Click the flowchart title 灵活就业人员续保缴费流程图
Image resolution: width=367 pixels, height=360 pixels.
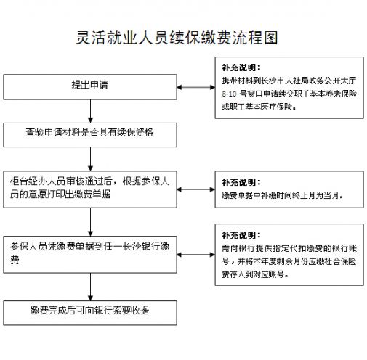177,38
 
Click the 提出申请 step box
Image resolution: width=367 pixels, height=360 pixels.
90,87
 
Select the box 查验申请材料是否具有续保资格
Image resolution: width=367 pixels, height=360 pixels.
90,135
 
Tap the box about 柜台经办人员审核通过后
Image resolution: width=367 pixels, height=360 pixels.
90,189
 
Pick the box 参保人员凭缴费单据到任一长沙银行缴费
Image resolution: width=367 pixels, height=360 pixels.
90,255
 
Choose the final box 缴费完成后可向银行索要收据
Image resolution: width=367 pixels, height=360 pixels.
90,313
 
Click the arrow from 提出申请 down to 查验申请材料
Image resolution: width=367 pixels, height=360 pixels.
90,111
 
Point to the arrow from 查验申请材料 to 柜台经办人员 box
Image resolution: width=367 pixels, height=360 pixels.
90,159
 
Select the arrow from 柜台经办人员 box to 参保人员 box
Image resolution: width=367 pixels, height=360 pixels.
90,222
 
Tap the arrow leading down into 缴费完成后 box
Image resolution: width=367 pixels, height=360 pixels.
90,287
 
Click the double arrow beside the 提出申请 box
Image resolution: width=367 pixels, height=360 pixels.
196,87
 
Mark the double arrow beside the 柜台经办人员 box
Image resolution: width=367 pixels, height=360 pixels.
196,189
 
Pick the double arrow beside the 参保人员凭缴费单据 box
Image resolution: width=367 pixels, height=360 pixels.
196,255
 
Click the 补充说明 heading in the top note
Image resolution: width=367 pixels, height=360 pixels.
241,67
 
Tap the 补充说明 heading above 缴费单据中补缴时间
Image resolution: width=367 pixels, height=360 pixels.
241,182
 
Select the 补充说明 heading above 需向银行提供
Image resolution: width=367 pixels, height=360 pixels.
241,235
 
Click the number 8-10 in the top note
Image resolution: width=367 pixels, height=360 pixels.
229,94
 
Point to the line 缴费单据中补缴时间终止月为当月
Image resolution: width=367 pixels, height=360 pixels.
283,195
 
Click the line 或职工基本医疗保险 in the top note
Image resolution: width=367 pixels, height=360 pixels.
259,107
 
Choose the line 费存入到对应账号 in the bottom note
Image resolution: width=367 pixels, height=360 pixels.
255,274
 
